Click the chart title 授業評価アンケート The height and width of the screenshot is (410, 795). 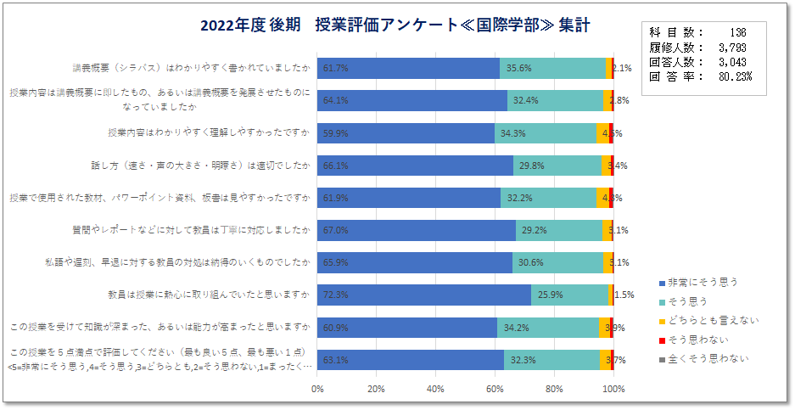pyautogui.click(x=395, y=25)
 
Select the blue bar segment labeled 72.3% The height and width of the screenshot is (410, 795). pyautogui.click(x=424, y=295)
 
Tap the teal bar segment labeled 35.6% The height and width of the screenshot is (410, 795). pyautogui.click(x=553, y=68)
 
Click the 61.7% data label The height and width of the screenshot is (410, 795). pyautogui.click(x=337, y=68)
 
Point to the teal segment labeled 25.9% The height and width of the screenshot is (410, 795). pyautogui.click(x=570, y=295)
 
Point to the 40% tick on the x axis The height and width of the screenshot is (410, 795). pyautogui.click(x=435, y=389)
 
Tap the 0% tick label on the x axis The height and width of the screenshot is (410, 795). pyautogui.click(x=317, y=389)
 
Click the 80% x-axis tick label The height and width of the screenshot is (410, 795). pyautogui.click(x=554, y=389)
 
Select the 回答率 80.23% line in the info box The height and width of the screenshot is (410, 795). pyautogui.click(x=701, y=76)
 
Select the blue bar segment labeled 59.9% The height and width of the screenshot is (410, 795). pyautogui.click(x=406, y=132)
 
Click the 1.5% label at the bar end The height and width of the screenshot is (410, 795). pyautogui.click(x=624, y=295)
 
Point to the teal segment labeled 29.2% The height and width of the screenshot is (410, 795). pyautogui.click(x=558, y=230)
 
